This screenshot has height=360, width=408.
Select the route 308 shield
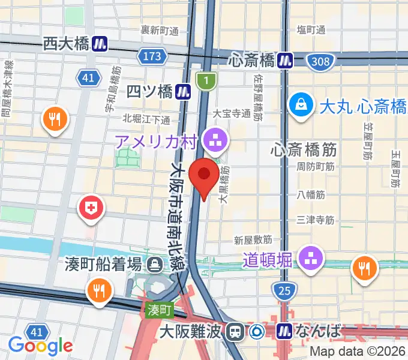click(320, 61)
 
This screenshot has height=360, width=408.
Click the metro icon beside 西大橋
click(100, 44)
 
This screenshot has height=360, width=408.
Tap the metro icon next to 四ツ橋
click(184, 91)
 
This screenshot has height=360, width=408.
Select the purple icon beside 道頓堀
click(311, 259)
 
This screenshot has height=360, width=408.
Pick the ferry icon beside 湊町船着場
click(155, 263)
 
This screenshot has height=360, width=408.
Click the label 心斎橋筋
click(304, 148)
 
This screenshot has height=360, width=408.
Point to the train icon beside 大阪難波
click(238, 330)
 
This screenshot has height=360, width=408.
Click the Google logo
click(40, 345)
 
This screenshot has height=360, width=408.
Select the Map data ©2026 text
click(358, 352)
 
